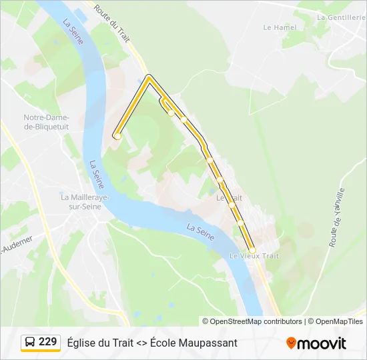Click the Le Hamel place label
point(280,27)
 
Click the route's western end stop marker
point(117,136)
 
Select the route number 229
point(48,342)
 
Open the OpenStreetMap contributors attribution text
point(252,321)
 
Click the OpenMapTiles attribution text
point(336,321)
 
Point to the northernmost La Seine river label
point(73,31)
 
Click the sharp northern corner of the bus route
point(149,77)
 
